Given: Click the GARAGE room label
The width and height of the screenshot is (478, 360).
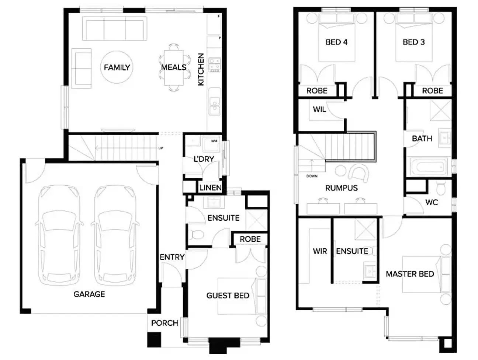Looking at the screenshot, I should (x=89, y=294).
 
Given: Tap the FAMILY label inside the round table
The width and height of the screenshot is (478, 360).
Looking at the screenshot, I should (x=117, y=67).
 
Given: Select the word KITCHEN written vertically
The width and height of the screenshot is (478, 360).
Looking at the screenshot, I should (x=201, y=70).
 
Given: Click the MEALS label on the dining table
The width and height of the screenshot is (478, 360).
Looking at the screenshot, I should (x=173, y=67).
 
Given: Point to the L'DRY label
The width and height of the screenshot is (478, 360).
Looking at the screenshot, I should (x=204, y=159).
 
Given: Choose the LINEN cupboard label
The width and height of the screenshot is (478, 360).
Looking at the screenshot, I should (x=210, y=188).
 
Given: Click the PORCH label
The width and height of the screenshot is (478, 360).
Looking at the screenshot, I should (x=164, y=323).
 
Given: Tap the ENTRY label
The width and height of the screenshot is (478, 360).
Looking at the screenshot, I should (x=172, y=257).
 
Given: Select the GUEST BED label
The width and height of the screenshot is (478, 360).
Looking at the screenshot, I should (x=228, y=296).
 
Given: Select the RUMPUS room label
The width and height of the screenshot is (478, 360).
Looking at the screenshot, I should (x=341, y=188).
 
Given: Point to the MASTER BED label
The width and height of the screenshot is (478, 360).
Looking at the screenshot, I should (x=410, y=274).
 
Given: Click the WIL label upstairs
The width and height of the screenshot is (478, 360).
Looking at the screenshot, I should (x=319, y=109).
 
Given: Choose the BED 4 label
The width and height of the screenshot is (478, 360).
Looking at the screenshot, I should (x=336, y=42).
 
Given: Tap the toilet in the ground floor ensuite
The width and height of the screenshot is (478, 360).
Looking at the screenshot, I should (x=195, y=234).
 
